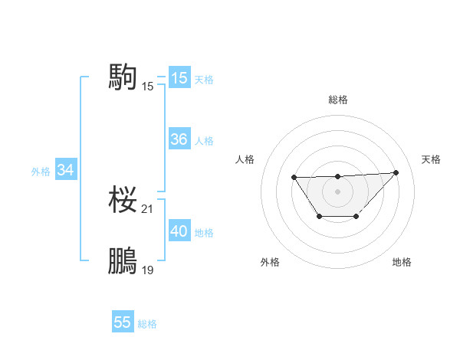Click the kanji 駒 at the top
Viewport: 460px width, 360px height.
(x=123, y=77)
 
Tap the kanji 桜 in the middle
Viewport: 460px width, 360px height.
(x=123, y=201)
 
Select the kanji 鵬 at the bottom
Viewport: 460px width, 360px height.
(x=123, y=261)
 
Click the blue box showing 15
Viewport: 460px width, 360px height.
(x=179, y=78)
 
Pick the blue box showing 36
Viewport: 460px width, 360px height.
(x=179, y=140)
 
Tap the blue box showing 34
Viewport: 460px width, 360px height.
(x=66, y=171)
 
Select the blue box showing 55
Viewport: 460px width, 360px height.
(x=123, y=322)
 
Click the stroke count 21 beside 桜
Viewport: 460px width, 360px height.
(x=148, y=209)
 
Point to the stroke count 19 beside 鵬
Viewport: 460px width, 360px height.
(x=148, y=270)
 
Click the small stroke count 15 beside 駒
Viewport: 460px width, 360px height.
(x=148, y=87)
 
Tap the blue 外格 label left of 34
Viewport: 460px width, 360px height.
(x=41, y=172)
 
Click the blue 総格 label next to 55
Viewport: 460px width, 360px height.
(x=147, y=324)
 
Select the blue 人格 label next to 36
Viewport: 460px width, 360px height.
(x=204, y=141)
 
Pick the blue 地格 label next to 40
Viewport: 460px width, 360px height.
(x=204, y=233)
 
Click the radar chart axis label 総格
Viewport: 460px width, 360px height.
(x=337, y=100)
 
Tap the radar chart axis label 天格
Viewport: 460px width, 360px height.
(x=431, y=159)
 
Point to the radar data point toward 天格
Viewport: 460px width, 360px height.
(x=396, y=172)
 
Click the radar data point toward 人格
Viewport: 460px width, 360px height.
(x=294, y=178)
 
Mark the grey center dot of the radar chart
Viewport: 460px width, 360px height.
(x=337, y=191)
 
